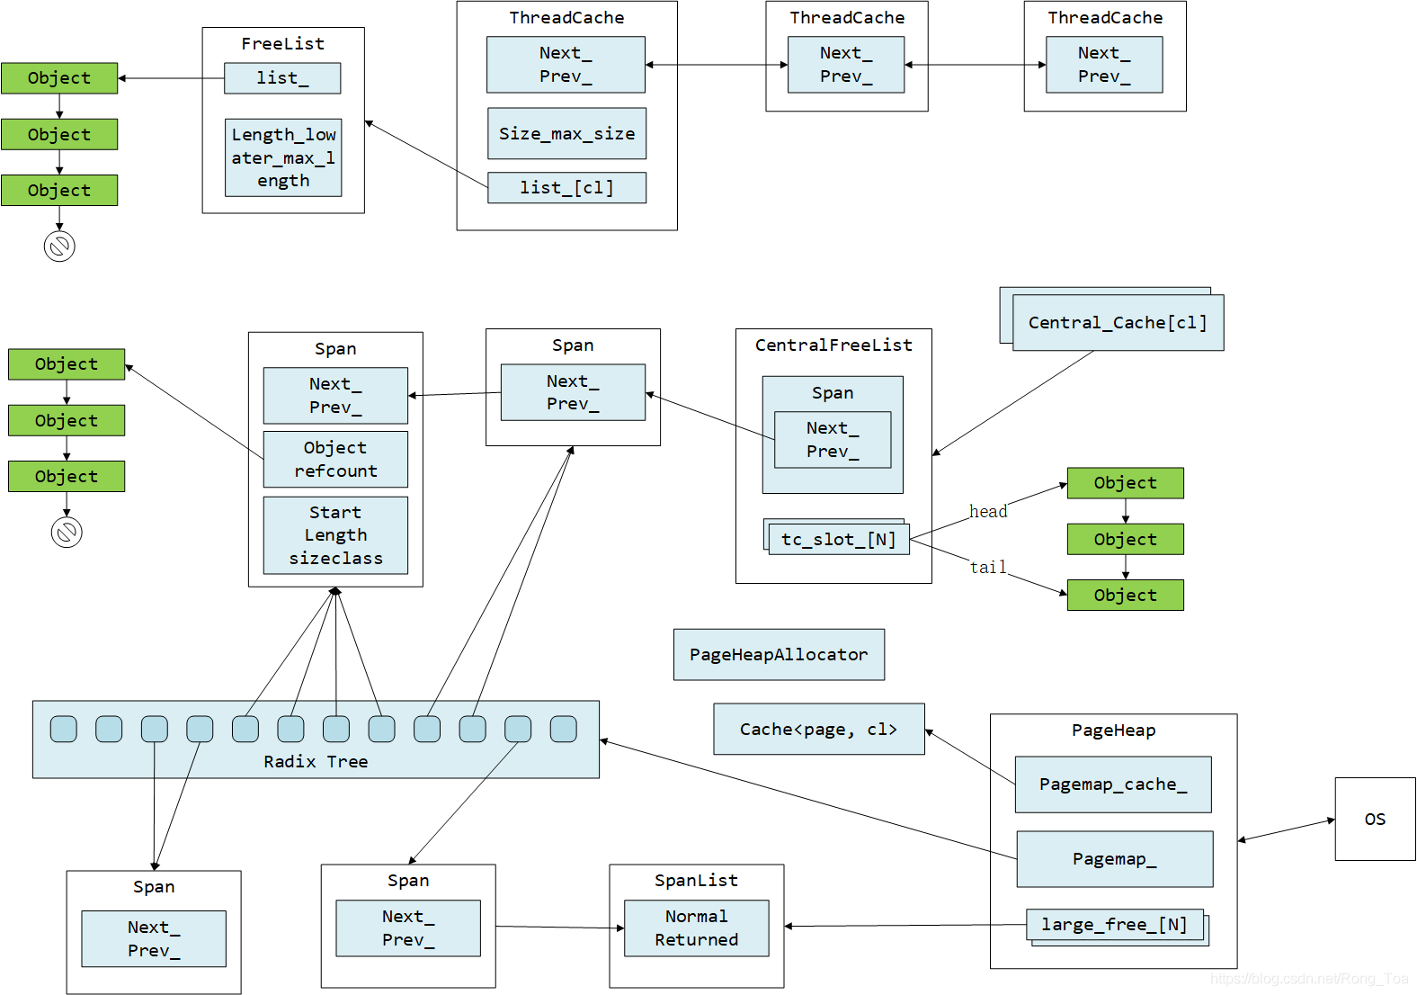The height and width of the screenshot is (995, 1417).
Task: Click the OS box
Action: coord(1375,819)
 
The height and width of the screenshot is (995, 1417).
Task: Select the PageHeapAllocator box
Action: coord(779,654)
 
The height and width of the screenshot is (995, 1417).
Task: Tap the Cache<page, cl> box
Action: coord(818,729)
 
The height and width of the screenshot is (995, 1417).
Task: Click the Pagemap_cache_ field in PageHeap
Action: coord(1113,784)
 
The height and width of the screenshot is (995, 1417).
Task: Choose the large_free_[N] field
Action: coord(1115,925)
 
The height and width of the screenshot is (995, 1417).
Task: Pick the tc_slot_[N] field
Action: coord(838,539)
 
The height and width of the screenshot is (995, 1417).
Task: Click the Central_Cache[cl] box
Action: coord(1118,323)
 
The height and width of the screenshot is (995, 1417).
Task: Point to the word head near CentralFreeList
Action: coord(988,511)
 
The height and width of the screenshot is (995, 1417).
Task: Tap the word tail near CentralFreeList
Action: coord(988,567)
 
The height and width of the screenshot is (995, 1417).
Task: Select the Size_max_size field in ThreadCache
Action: coord(566,133)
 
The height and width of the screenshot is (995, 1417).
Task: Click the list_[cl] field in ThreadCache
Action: coord(566,187)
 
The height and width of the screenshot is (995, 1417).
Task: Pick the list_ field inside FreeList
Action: coord(282,78)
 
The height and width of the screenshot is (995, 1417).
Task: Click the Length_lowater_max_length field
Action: coord(283,157)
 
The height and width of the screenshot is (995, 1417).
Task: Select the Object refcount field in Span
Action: coord(335,459)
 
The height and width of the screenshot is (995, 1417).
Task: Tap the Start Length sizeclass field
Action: coord(335,535)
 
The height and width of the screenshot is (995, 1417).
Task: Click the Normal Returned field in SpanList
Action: coord(696,928)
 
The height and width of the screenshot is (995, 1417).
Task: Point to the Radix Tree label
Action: coord(316,761)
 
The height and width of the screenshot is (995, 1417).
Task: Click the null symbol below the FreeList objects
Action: coord(59,246)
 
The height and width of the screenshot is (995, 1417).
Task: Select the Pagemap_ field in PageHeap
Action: coord(1114,859)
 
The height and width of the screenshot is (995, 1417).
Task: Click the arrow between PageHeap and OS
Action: coord(1287,829)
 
